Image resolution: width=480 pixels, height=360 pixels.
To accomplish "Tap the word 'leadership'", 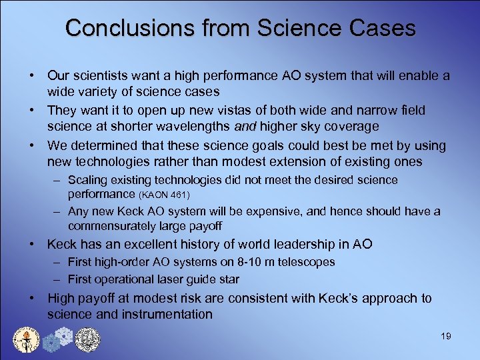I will [289, 245].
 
